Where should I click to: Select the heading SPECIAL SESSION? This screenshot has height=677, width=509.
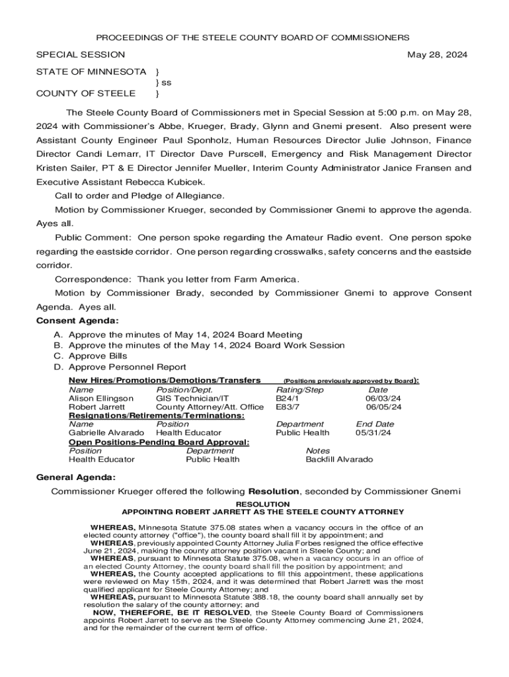coord(80,55)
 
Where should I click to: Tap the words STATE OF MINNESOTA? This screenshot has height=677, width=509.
coord(91,71)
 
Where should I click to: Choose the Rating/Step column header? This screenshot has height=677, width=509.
coord(299,390)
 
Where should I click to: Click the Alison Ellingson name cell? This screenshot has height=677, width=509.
coord(101,399)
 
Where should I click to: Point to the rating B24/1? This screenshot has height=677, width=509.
coord(288,399)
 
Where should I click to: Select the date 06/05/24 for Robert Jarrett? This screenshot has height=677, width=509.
coord(383,407)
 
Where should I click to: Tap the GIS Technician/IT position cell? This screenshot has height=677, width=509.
coord(192,399)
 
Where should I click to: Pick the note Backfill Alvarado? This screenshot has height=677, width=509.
coord(339,459)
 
